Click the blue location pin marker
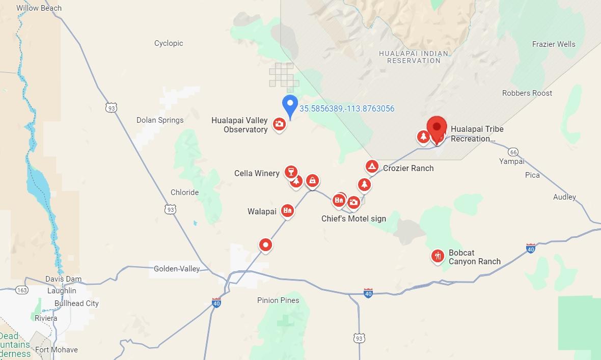tap(290, 106)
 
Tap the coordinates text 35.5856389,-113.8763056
tap(346, 108)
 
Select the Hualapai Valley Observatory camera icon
tap(279, 124)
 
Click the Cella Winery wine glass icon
tap(291, 171)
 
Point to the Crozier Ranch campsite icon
tap(372, 166)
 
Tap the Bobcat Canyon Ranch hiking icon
tap(438, 256)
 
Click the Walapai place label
tap(262, 211)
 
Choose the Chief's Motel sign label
tap(353, 218)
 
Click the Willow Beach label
tap(39, 8)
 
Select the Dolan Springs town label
tap(160, 120)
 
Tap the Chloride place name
tap(184, 192)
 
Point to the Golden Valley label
tap(177, 268)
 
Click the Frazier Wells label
tap(554, 44)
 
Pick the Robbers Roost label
tap(527, 93)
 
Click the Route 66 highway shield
tap(513, 152)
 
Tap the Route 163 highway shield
tap(22, 290)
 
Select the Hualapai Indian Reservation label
tap(413, 57)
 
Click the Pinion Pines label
tap(278, 300)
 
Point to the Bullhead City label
tap(76, 303)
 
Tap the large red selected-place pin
tap(436, 127)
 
